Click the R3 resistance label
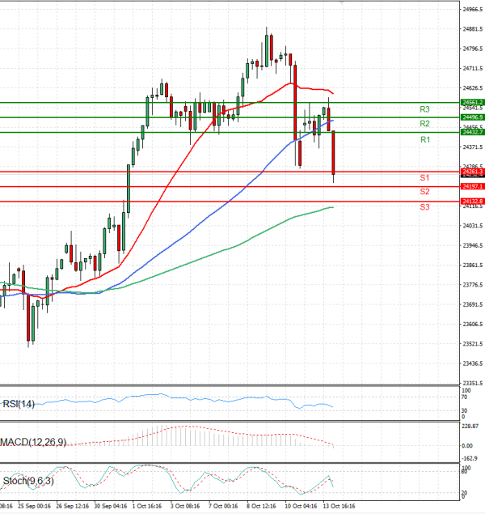point(424,108)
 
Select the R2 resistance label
point(424,123)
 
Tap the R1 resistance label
point(424,140)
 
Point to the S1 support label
point(424,176)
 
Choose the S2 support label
point(424,191)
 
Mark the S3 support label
point(424,207)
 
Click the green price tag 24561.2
point(472,103)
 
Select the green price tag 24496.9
point(472,117)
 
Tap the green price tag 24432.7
point(472,132)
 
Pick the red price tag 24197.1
point(472,186)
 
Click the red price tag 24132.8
point(472,201)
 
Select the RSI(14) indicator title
point(18,404)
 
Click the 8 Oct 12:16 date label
point(261,507)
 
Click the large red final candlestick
point(334,152)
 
